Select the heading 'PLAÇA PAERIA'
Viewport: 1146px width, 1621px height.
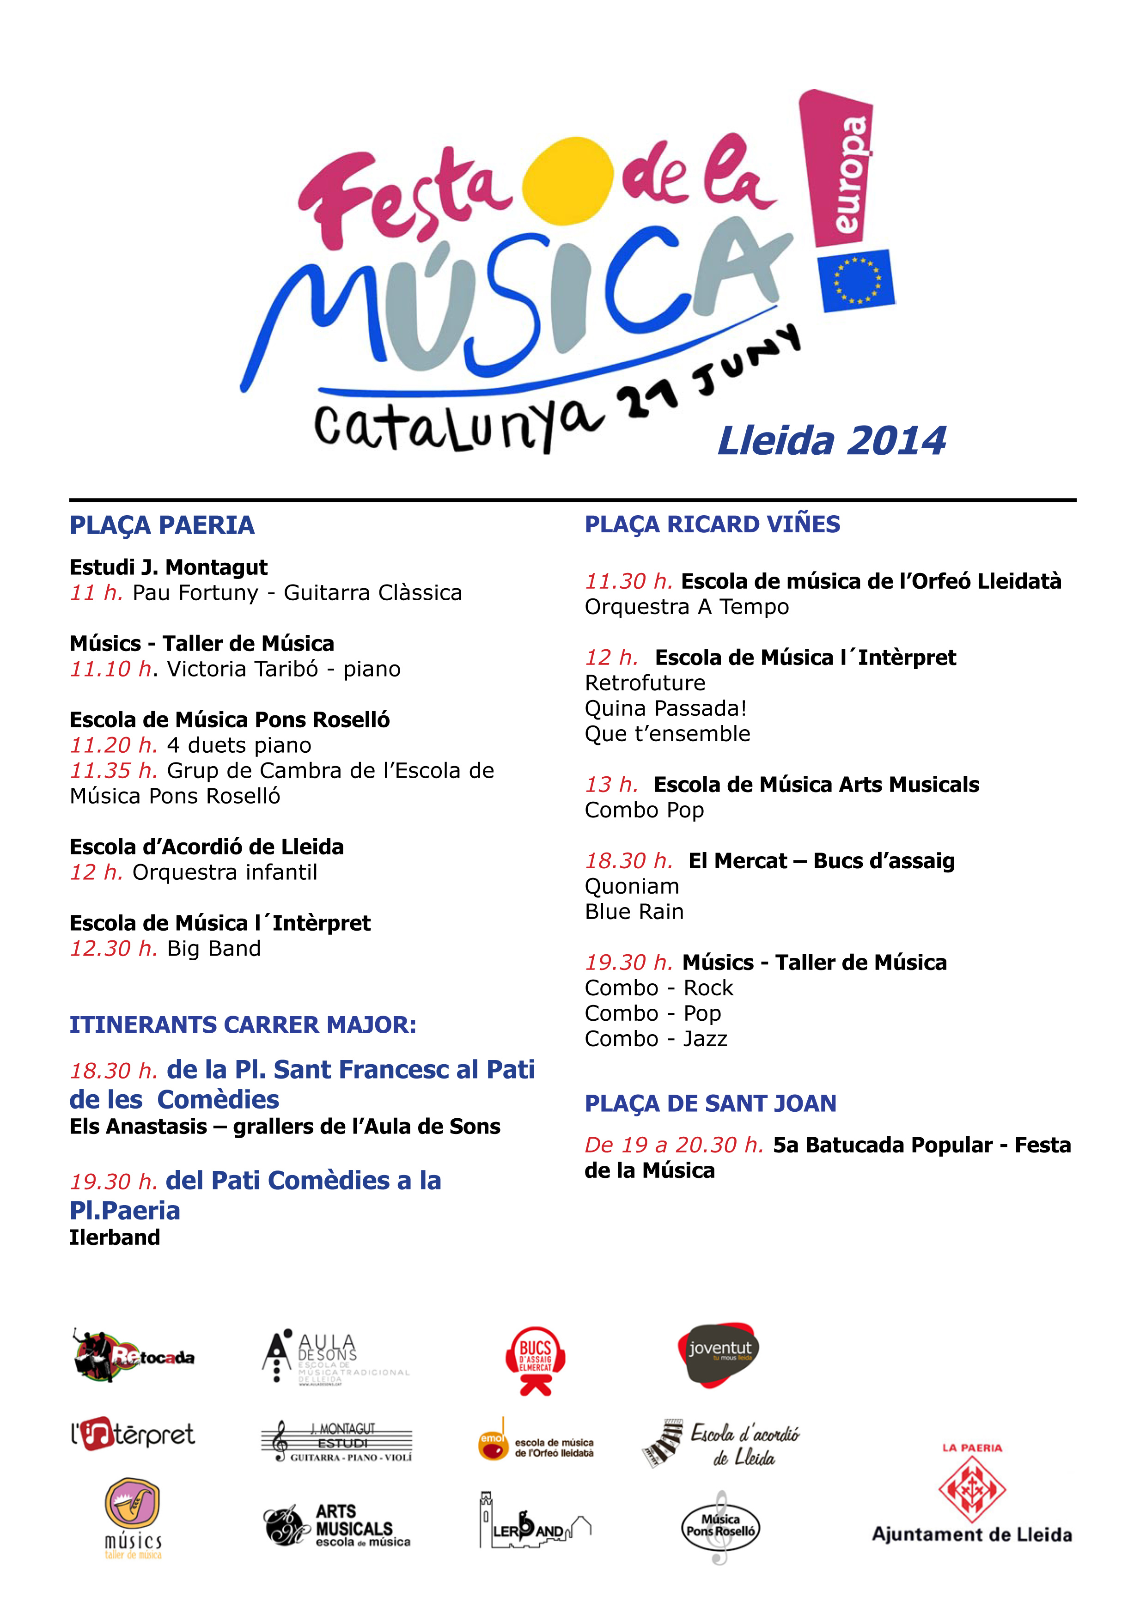pyautogui.click(x=162, y=525)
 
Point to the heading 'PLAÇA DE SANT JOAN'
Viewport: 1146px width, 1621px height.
pyautogui.click(x=710, y=1103)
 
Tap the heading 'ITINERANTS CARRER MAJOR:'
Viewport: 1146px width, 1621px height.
pyautogui.click(x=242, y=1024)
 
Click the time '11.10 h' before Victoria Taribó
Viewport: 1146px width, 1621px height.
pyautogui.click(x=111, y=669)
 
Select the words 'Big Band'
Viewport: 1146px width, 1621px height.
pyautogui.click(x=213, y=948)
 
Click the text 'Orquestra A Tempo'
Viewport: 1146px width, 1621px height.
pyautogui.click(x=686, y=606)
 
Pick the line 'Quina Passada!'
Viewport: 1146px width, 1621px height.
pyautogui.click(x=665, y=708)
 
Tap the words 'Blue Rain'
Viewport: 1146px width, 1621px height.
pyautogui.click(x=634, y=911)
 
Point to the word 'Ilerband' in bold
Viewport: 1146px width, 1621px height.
pyautogui.click(x=115, y=1237)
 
